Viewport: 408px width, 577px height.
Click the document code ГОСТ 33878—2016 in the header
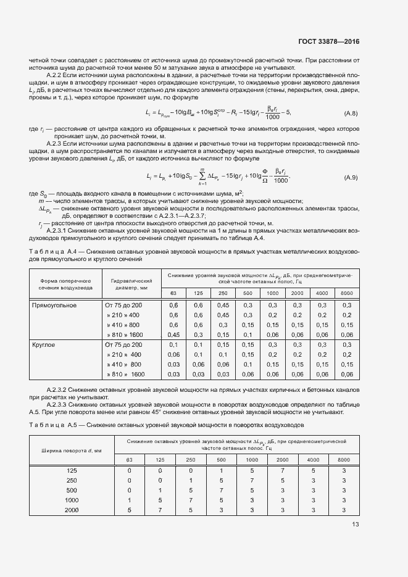point(329,42)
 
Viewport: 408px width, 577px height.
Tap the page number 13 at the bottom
point(355,525)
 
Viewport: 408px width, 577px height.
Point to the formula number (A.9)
point(351,178)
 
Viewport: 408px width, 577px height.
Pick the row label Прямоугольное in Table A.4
point(54,305)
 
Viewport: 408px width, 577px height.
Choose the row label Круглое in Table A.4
point(45,344)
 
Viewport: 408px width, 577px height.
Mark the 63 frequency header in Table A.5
point(130,460)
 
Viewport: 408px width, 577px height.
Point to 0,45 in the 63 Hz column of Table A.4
point(173,334)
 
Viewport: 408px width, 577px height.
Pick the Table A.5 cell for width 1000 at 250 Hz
point(191,500)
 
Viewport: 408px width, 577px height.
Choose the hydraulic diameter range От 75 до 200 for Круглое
point(123,344)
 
